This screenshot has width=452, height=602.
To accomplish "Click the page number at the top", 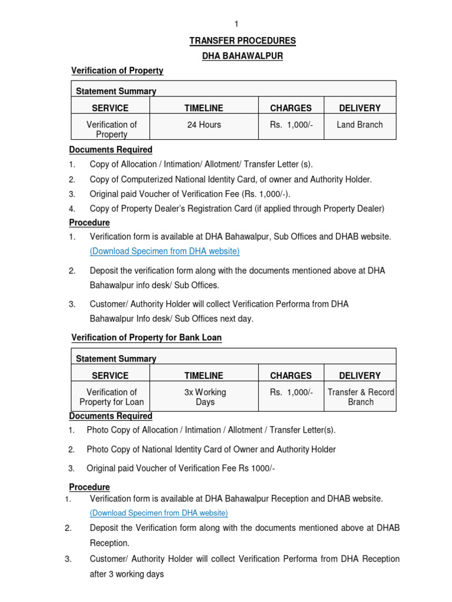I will (x=236, y=24).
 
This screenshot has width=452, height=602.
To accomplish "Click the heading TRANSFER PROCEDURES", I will (x=242, y=41).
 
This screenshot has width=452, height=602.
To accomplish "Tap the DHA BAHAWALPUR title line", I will (x=242, y=56).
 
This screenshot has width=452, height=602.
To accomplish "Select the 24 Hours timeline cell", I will (x=204, y=125).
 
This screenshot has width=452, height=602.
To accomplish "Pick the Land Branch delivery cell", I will (x=360, y=125).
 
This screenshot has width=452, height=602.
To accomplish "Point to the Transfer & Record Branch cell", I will (x=361, y=397).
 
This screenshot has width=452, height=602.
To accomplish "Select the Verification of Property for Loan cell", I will (x=111, y=397).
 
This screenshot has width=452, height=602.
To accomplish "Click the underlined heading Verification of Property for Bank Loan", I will (x=147, y=337).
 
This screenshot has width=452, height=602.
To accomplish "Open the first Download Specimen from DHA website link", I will (x=165, y=251).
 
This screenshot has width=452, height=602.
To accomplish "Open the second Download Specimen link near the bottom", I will (x=159, y=513).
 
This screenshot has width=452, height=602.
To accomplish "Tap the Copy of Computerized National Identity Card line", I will (x=231, y=179).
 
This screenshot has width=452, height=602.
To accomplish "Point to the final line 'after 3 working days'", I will (x=127, y=574).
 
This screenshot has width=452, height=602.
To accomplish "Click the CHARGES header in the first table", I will (x=291, y=108).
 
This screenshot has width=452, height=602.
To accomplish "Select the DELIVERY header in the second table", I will (x=360, y=375).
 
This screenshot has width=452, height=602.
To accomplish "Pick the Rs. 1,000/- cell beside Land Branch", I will (x=291, y=125).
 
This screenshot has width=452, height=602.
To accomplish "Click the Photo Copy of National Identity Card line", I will (x=211, y=449).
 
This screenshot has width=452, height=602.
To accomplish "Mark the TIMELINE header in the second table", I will (x=204, y=375).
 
